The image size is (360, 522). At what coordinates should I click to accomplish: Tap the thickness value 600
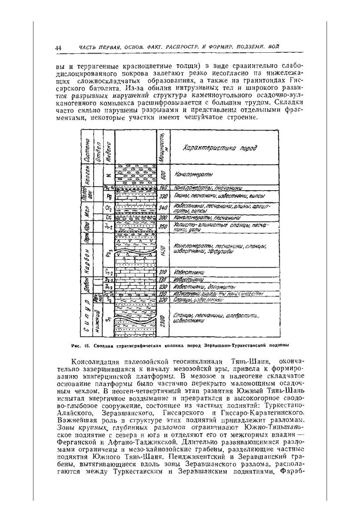163,174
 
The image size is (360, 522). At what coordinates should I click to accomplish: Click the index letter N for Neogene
108,174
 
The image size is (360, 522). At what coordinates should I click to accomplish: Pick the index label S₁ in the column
108,317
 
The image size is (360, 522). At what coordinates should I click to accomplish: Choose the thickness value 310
163,271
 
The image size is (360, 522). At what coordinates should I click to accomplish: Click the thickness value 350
163,227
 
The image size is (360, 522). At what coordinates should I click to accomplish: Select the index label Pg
108,197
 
